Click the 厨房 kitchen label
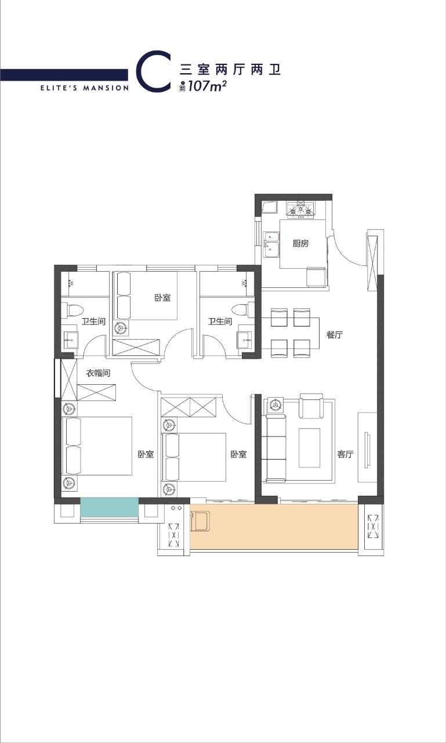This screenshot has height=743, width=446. tap(300, 243)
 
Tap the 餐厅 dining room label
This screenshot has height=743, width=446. tap(335, 335)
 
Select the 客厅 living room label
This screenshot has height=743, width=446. tap(345, 454)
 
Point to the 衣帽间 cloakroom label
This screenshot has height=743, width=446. tap(98, 373)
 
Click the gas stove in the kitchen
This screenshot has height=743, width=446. tap(301, 210)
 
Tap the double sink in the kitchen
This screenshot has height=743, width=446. tap(271, 245)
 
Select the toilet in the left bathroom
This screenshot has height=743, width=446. tap(72, 310)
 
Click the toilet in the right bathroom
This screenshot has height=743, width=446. tap(243, 310)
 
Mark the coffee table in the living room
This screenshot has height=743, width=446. tap(310, 448)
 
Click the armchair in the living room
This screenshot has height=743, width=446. tap(311, 406)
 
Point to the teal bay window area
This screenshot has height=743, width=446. tap(110, 507)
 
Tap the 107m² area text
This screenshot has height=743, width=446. tap(207, 86)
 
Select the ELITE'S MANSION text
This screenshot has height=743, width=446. tap(85, 88)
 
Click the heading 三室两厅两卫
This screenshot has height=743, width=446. tap(230, 70)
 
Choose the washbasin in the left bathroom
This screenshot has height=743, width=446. tap(71, 340)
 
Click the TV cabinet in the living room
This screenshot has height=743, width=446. tap(367, 448)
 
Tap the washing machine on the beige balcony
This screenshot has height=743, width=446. tap(200, 521)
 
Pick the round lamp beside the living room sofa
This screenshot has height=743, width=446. tap(275, 405)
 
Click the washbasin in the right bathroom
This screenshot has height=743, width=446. tap(245, 340)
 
